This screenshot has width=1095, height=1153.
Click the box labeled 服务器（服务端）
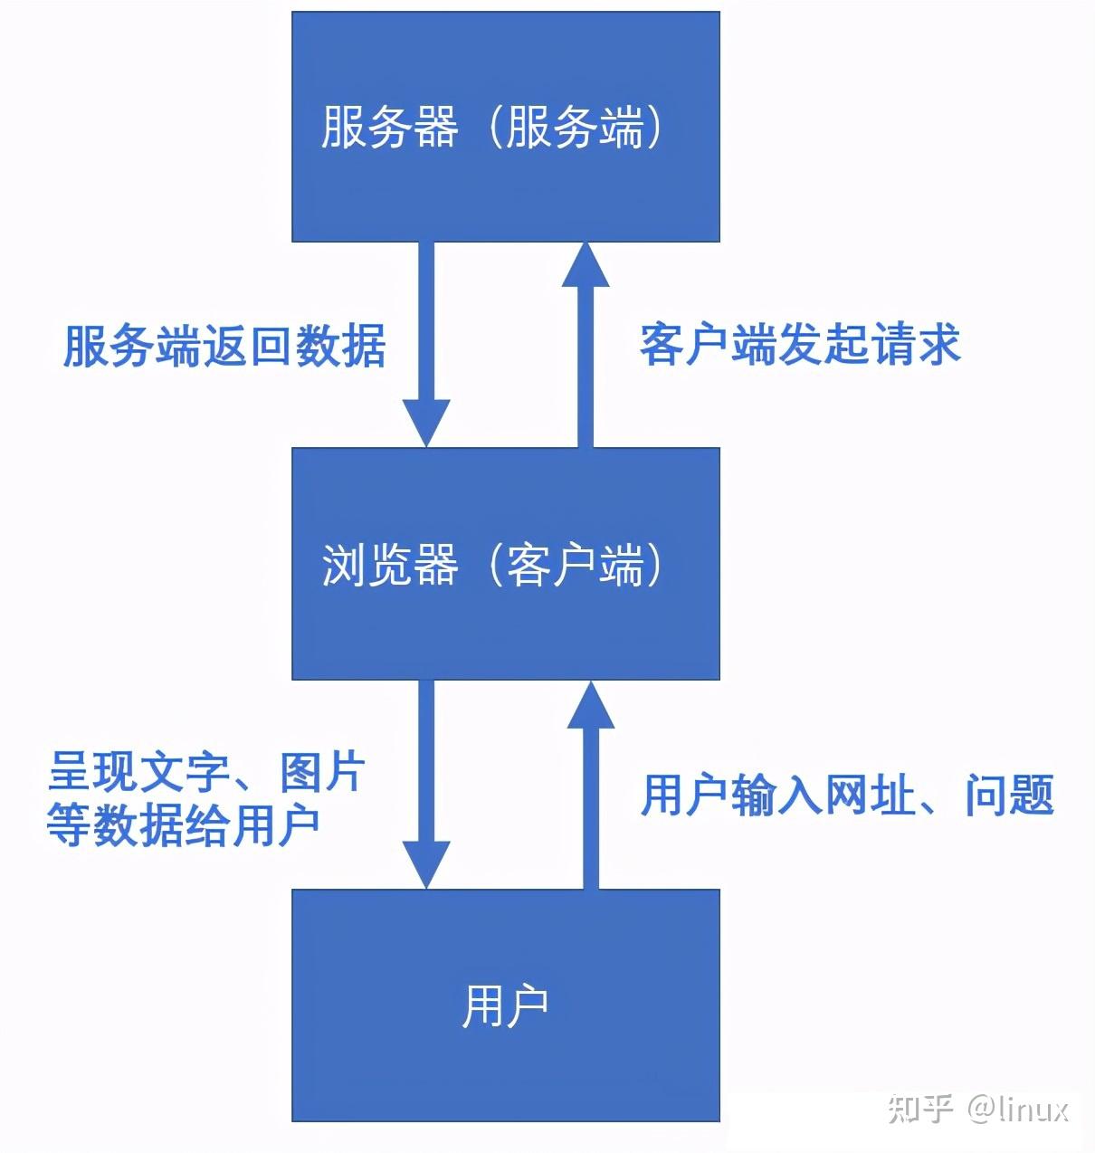506,126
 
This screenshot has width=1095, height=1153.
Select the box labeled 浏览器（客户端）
506,564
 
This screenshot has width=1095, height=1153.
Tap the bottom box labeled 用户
506,1005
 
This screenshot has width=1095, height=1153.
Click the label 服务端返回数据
224,346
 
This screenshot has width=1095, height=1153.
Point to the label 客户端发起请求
800,345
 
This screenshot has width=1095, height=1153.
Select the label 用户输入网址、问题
847,796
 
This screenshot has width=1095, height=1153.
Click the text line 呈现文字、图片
206,772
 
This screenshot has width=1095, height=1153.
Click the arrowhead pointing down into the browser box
426,424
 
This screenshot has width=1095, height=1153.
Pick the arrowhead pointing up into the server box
586,264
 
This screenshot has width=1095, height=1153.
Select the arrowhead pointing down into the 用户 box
426,865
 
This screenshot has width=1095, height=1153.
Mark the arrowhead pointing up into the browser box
591,704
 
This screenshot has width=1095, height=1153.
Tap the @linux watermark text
1017,1110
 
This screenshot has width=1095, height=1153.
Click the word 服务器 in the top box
389,127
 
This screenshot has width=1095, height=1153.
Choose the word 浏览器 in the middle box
389,564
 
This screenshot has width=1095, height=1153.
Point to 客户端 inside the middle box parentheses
576,564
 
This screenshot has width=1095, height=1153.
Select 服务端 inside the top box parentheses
576,127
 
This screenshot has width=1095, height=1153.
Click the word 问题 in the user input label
1010,796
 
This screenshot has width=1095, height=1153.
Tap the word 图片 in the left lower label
322,772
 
